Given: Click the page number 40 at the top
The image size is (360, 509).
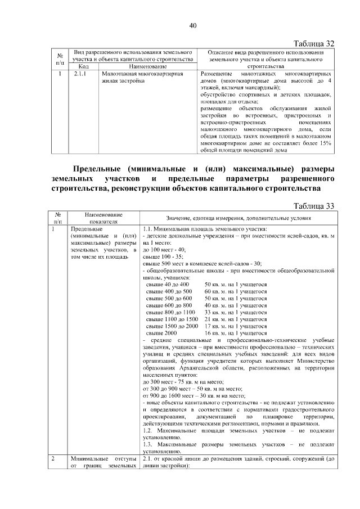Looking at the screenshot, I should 192,25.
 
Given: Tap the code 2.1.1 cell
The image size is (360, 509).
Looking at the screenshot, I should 79,73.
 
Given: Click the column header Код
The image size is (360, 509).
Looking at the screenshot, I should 79,66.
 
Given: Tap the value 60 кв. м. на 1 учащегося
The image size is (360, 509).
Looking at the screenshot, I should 236,291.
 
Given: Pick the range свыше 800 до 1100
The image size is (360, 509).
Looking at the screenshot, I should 170,312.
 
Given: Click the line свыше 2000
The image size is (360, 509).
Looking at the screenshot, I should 158,332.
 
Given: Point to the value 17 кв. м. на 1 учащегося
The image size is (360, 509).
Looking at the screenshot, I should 236,326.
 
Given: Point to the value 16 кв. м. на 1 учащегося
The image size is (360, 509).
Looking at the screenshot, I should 236,332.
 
